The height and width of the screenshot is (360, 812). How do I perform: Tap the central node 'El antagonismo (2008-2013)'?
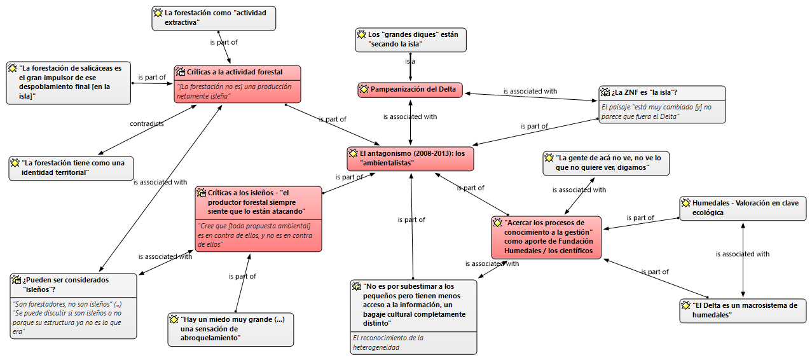pyautogui.click(x=410, y=158)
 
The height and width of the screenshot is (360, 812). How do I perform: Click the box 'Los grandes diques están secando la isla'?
pyautogui.click(x=410, y=39)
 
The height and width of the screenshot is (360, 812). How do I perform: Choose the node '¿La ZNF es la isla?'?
pyautogui.click(x=661, y=93)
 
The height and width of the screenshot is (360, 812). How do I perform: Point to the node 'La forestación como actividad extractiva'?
pyautogui.click(x=214, y=18)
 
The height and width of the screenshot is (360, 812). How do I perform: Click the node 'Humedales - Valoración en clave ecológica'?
pyautogui.click(x=743, y=208)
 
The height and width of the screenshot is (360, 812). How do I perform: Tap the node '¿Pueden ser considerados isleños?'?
pyautogui.click(x=73, y=284)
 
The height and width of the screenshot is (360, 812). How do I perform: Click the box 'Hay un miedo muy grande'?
pyautogui.click(x=230, y=329)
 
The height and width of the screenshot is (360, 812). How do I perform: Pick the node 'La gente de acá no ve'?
pyautogui.click(x=605, y=163)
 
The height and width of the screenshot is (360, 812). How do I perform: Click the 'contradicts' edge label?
pyautogui.click(x=147, y=123)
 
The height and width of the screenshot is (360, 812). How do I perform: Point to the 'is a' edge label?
pyautogui.click(x=410, y=62)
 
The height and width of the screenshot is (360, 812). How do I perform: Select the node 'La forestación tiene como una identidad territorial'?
pyautogui.click(x=71, y=168)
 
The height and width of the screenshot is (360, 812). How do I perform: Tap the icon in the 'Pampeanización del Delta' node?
pyautogui.click(x=364, y=90)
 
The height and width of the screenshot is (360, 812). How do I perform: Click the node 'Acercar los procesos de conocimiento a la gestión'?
pyautogui.click(x=546, y=237)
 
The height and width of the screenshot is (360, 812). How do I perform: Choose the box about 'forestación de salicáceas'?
pyautogui.click(x=68, y=82)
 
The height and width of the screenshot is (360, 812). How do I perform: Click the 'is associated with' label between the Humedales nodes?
pyautogui.click(x=742, y=254)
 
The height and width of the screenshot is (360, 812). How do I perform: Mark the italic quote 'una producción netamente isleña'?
pyautogui.click(x=235, y=92)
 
